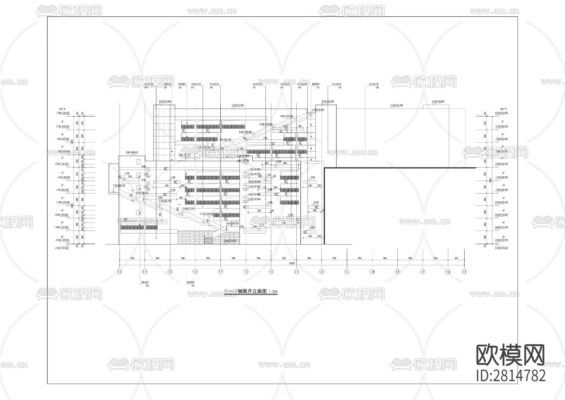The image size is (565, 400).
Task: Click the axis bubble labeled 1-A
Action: coord(120,271)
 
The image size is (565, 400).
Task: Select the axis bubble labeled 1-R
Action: coord(464,271)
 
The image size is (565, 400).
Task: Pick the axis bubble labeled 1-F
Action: coord(221,271)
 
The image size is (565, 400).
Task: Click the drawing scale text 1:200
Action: coord(273,292)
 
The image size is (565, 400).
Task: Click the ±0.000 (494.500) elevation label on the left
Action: coord(62,164)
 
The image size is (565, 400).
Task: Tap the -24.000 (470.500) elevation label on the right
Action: coord(501,248)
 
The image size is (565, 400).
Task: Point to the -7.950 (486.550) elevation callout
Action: coord(119,185)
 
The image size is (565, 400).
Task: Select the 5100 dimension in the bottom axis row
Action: coord(456,258)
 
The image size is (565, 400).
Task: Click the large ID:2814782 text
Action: coord(511,375)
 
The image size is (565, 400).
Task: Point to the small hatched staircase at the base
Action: coord(208,240)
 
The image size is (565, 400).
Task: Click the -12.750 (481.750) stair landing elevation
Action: coord(164,201)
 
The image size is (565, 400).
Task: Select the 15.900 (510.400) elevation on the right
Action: coord(501,113)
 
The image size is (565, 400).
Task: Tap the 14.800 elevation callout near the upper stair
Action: coord(286,116)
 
